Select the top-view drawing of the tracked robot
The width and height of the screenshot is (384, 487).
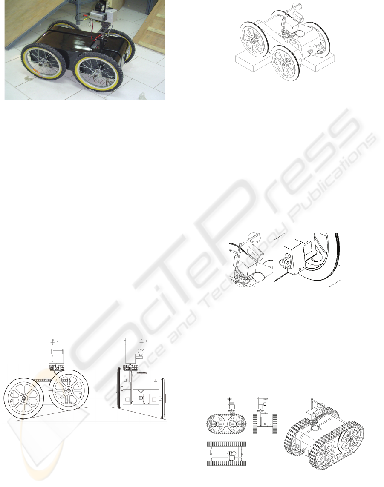227,453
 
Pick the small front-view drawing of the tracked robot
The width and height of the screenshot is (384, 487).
265,416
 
